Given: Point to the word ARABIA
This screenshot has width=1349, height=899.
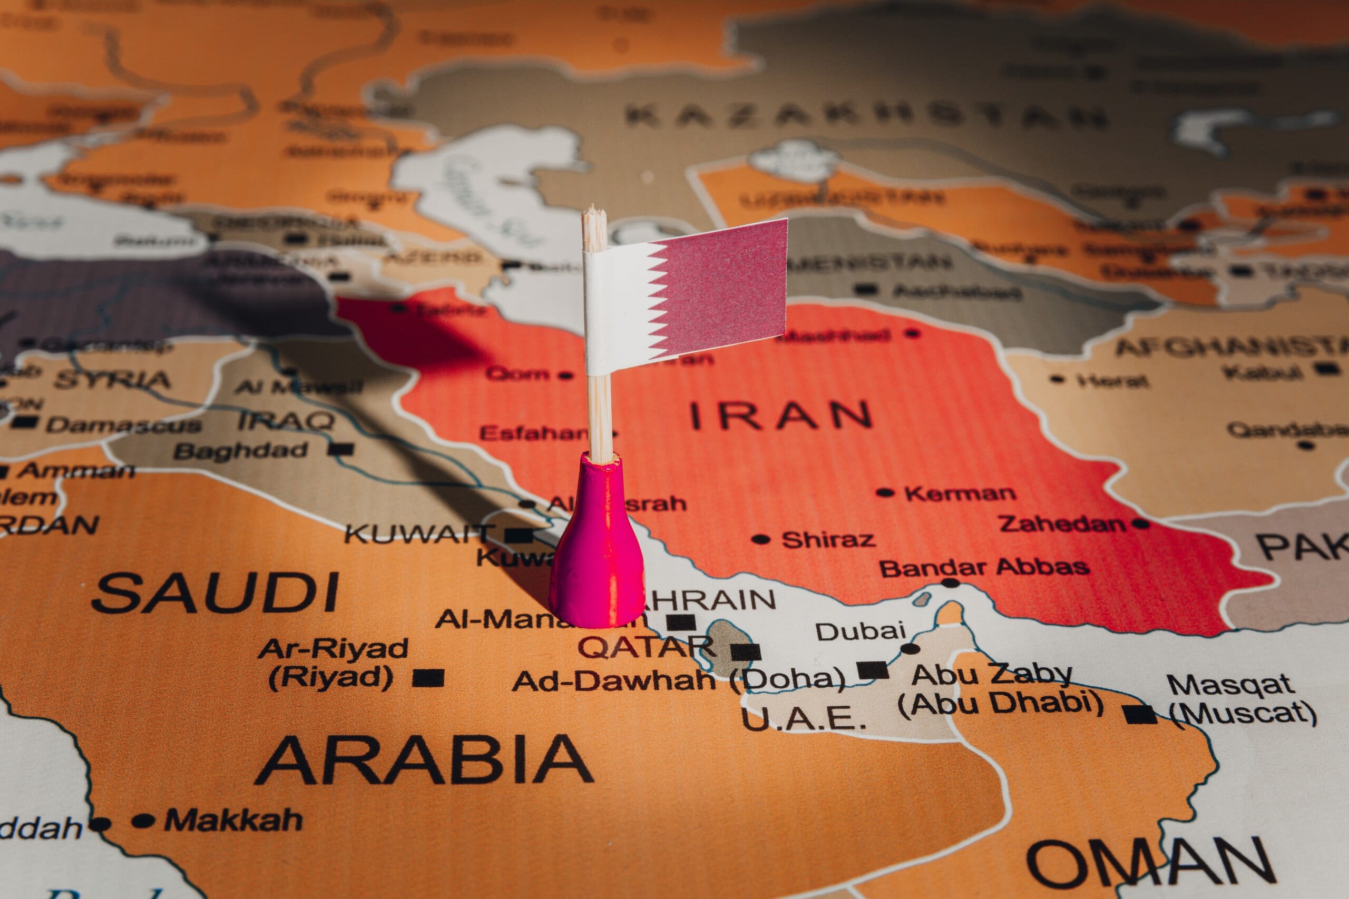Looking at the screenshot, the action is coord(424,759).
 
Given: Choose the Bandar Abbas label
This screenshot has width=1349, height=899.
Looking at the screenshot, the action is coord(984,568).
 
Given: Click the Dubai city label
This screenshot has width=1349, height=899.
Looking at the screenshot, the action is coord(861,631).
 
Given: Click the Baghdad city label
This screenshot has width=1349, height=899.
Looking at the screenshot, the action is coord(241,451).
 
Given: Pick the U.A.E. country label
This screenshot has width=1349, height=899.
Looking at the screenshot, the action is coord(803,719).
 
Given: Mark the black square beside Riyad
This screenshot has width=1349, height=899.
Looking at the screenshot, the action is coord(428,678).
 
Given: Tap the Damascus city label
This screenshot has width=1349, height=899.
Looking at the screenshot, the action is coord(123,426).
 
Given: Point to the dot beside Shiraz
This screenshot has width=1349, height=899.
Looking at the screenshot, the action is coord(760,539).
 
